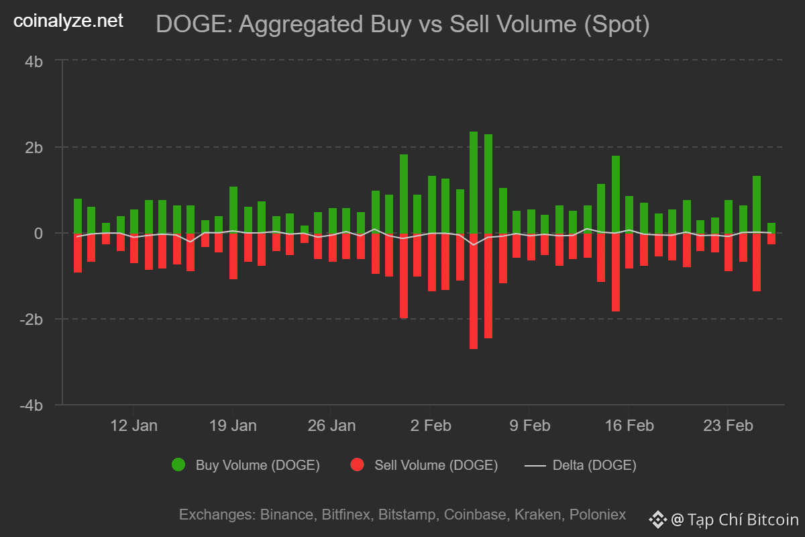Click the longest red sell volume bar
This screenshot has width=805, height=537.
474,292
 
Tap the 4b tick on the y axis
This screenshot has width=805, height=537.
34,61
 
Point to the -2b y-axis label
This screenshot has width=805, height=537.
32,320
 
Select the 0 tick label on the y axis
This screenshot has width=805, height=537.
39,234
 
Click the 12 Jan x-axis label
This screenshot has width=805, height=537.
133,426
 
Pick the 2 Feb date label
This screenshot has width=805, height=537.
430,426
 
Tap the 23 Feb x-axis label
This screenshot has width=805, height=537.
727,426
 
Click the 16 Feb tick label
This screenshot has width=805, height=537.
629,426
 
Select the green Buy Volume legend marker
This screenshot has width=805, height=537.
178,465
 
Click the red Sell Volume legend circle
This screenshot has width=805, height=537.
357,465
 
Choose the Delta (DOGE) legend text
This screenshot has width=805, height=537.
594,465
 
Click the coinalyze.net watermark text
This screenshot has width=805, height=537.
68,21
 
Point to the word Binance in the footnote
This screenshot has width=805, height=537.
286,515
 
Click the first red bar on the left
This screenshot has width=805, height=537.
78,253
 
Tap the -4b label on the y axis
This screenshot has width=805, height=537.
32,405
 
